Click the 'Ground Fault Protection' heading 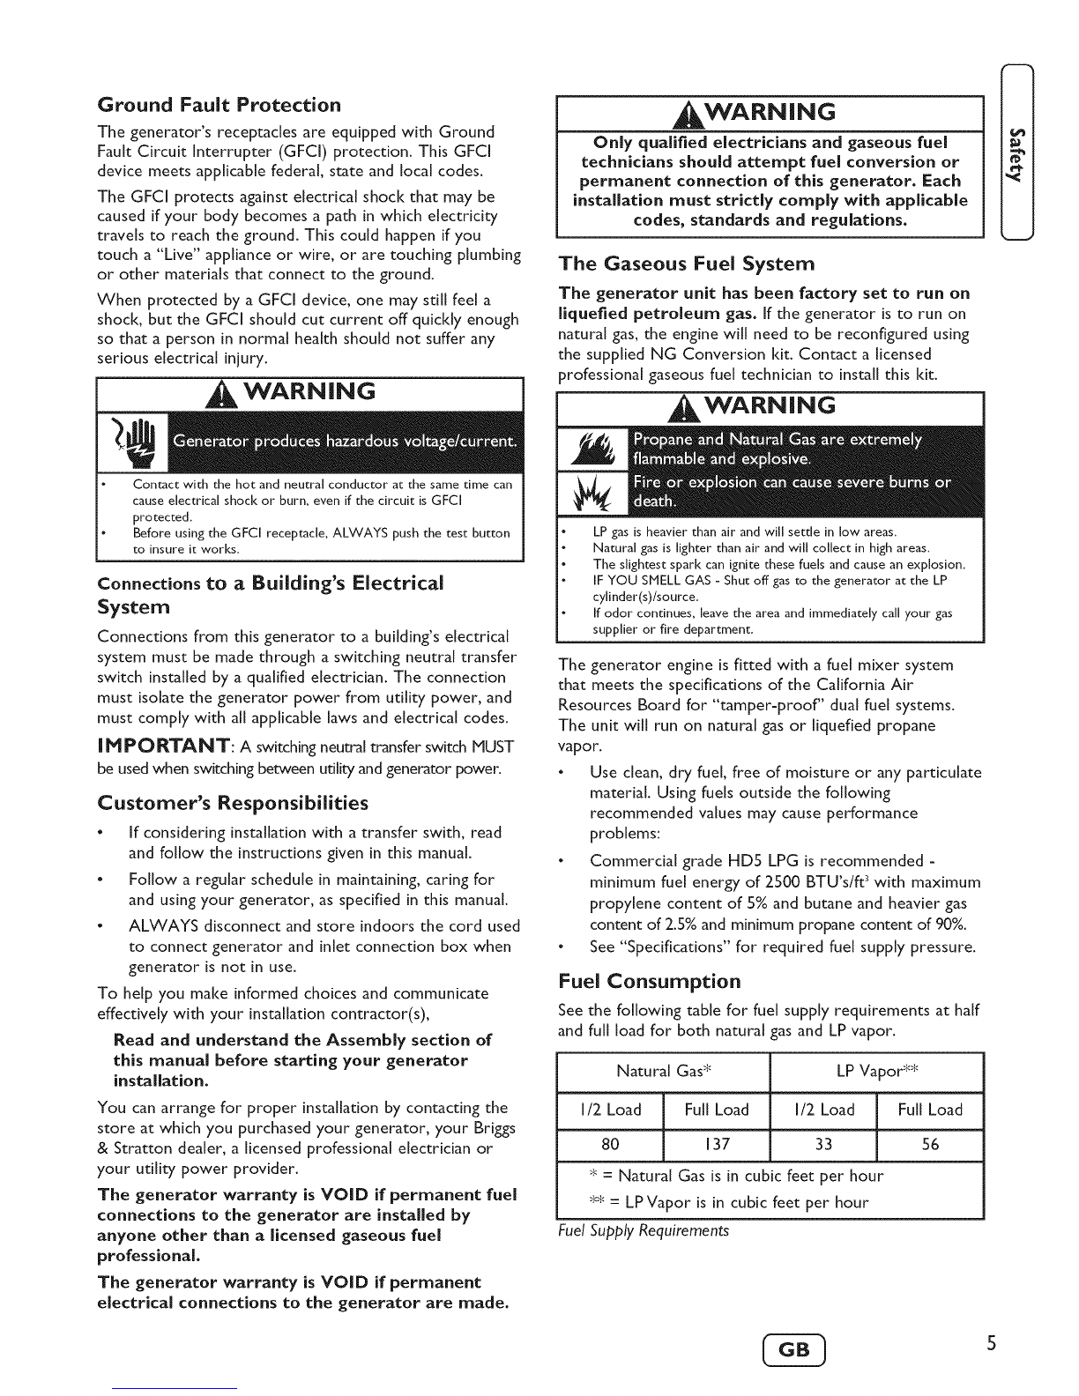click(x=219, y=106)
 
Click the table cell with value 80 click(x=610, y=1144)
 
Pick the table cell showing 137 click(x=717, y=1144)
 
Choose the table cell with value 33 click(x=823, y=1144)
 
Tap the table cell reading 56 click(x=930, y=1144)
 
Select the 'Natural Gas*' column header click(x=664, y=1072)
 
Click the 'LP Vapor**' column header click(x=877, y=1072)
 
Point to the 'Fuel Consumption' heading click(x=650, y=982)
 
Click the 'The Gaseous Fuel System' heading click(x=687, y=264)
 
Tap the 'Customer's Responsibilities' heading click(x=233, y=803)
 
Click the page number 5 click(x=991, y=1344)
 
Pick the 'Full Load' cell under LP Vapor click(x=930, y=1110)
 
